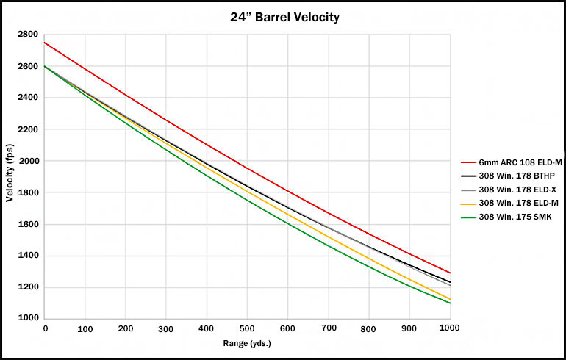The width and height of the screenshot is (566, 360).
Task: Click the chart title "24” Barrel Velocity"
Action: click(284, 17)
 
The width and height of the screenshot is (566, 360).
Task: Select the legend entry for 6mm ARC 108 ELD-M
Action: click(512, 162)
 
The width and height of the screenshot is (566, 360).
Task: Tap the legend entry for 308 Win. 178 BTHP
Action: click(508, 176)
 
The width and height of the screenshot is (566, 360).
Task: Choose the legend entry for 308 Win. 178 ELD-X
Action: click(509, 190)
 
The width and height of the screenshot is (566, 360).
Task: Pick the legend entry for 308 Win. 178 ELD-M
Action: click(509, 203)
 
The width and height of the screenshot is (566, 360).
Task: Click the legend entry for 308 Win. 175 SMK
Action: click(506, 217)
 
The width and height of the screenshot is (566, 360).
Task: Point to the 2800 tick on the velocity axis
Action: click(28, 35)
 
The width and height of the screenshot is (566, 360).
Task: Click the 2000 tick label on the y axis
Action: click(28, 161)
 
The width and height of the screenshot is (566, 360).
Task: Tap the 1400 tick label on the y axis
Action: click(28, 256)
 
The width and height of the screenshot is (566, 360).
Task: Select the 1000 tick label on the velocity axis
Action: click(28, 318)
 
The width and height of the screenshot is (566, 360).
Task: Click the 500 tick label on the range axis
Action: click(247, 328)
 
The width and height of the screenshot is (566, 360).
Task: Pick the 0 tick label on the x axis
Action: click(45, 328)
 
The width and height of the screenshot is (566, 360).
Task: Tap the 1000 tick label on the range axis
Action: click(449, 328)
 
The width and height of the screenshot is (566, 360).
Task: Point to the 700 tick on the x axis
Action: click(329, 328)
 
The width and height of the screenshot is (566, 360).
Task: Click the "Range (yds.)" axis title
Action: click(247, 343)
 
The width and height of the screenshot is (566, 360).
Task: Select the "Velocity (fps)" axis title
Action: click(10, 173)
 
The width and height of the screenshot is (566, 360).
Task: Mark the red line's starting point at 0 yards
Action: click(44, 43)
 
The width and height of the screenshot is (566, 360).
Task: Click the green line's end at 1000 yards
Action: click(451, 303)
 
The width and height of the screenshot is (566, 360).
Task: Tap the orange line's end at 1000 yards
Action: click(451, 299)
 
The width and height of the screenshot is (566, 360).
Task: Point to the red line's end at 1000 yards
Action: click(451, 273)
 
